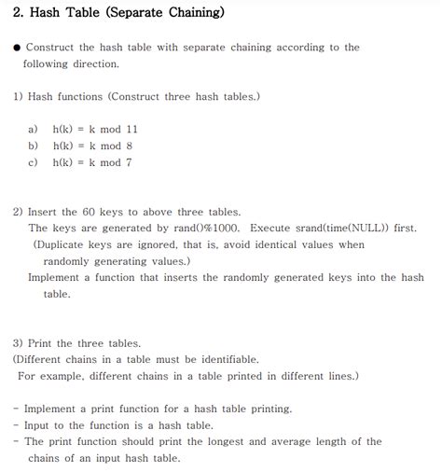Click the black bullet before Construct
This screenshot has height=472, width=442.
[x=17, y=48]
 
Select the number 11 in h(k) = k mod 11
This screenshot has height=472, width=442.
[x=131, y=129]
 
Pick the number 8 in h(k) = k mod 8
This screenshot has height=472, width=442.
[x=129, y=146]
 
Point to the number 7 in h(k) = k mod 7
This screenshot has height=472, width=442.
[x=129, y=162]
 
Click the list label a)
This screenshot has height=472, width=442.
[x=35, y=129]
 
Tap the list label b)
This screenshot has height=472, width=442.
[x=35, y=146]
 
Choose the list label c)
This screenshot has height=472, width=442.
[x=35, y=162]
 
